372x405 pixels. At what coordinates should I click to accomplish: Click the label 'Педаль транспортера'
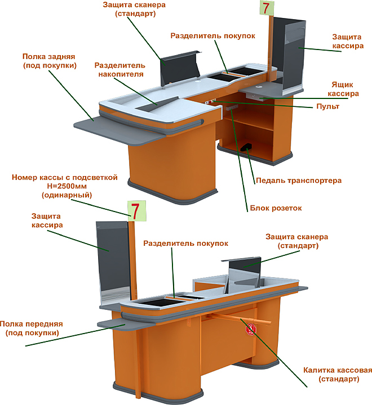click(x=299, y=181)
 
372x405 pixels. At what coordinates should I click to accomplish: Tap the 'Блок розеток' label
click(x=276, y=208)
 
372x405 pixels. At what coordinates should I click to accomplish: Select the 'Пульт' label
click(x=327, y=106)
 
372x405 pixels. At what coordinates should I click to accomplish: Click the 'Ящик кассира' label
click(x=343, y=89)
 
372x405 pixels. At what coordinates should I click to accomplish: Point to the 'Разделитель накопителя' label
click(x=120, y=70)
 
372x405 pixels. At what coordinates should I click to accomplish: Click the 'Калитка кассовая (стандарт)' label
click(x=338, y=375)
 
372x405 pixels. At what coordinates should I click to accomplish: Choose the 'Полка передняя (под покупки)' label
click(x=32, y=328)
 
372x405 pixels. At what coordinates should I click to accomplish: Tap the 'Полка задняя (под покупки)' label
click(x=49, y=61)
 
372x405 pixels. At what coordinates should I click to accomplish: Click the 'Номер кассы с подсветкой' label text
click(x=65, y=177)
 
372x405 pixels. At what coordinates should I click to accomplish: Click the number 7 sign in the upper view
click(x=267, y=7)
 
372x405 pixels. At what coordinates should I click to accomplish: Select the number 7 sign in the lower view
click(x=136, y=211)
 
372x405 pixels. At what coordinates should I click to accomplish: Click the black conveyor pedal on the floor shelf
click(x=246, y=147)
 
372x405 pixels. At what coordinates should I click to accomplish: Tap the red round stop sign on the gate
click(x=251, y=329)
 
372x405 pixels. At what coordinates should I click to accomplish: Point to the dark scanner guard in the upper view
click(x=179, y=67)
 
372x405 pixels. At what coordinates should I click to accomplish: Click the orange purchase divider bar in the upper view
click(x=227, y=74)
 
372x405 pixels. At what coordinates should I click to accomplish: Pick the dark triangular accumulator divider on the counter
click(x=158, y=105)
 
